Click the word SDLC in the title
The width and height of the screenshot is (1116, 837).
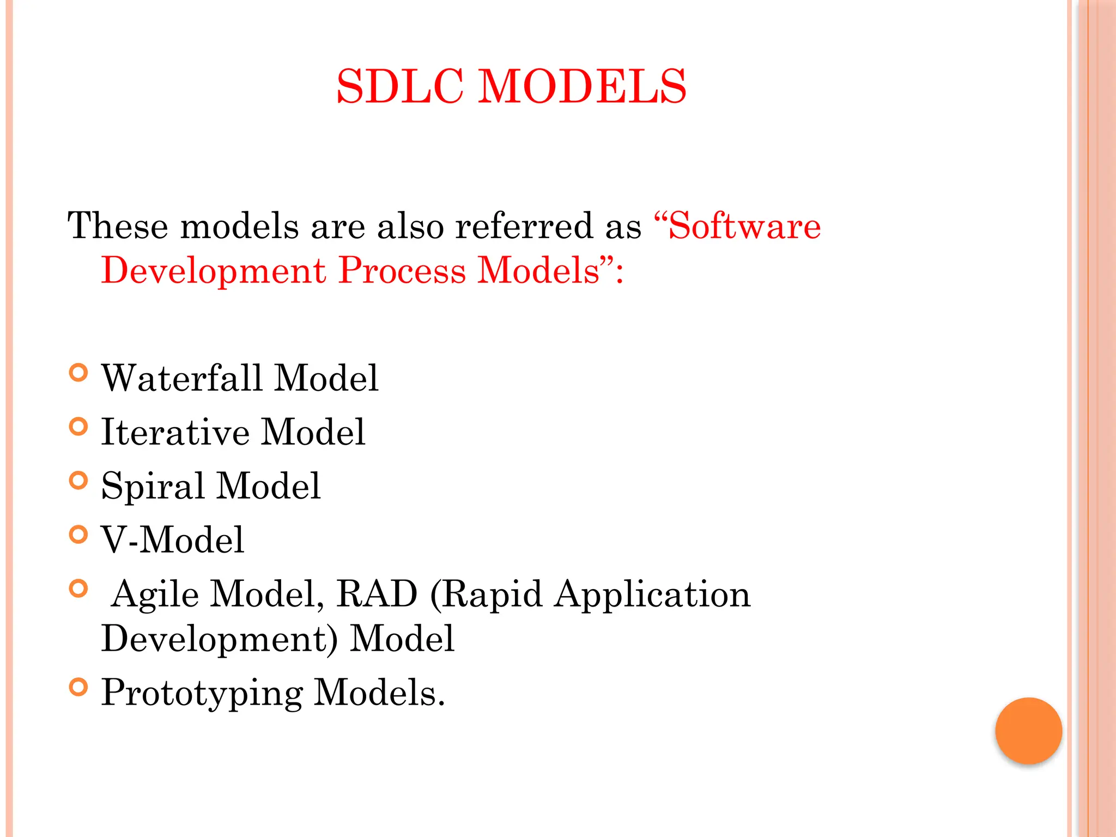[x=400, y=86]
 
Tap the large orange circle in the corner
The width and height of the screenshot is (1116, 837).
[x=1028, y=731]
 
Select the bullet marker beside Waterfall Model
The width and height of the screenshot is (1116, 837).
[x=78, y=373]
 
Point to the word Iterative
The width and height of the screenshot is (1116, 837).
[x=175, y=432]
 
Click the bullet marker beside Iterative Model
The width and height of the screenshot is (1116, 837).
[x=78, y=427]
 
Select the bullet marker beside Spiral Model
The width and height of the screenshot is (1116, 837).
[x=78, y=481]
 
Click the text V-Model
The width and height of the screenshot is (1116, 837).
[x=172, y=540]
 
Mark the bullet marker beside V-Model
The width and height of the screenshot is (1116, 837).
[x=78, y=535]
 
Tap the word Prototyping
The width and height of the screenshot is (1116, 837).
[x=202, y=693]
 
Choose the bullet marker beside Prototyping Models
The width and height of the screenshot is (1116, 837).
[x=78, y=687]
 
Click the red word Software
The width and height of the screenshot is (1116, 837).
[x=743, y=226]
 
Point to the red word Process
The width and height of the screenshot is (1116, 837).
[x=402, y=270]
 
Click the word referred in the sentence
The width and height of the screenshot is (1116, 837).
[x=524, y=226]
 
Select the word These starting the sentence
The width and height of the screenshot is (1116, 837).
[x=118, y=226]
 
